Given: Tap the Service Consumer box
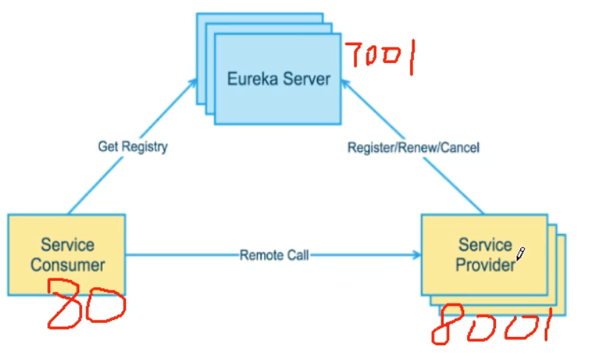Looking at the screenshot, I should point(67,254).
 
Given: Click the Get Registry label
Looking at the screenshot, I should point(133,147).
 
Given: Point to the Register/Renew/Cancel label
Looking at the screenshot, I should point(413,148).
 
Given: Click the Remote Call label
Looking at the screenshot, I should point(274,256).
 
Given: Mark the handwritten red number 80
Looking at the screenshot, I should point(85,304).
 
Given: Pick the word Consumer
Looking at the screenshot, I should point(67,264).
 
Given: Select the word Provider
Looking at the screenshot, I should point(486,264).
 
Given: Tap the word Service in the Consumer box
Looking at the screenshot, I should point(67,244).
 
